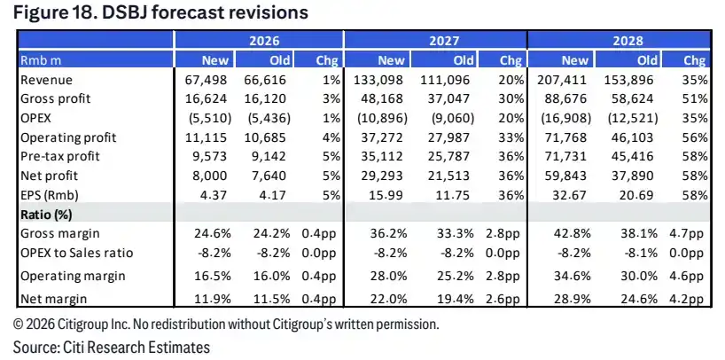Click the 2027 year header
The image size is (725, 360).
(444, 41)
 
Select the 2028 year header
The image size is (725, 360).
(628, 41)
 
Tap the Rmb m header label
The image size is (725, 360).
(41, 60)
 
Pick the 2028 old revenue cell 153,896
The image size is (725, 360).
(628, 80)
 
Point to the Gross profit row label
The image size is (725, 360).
(56, 99)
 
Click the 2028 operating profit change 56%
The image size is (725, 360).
(695, 137)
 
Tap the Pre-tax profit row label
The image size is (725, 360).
(60, 156)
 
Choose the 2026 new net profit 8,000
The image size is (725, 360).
(209, 176)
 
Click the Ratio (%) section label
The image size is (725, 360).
(46, 215)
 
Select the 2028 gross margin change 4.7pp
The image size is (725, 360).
(686, 233)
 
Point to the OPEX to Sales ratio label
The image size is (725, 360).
(77, 253)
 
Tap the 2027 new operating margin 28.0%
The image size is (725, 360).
(388, 277)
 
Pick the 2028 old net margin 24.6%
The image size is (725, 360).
(639, 299)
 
